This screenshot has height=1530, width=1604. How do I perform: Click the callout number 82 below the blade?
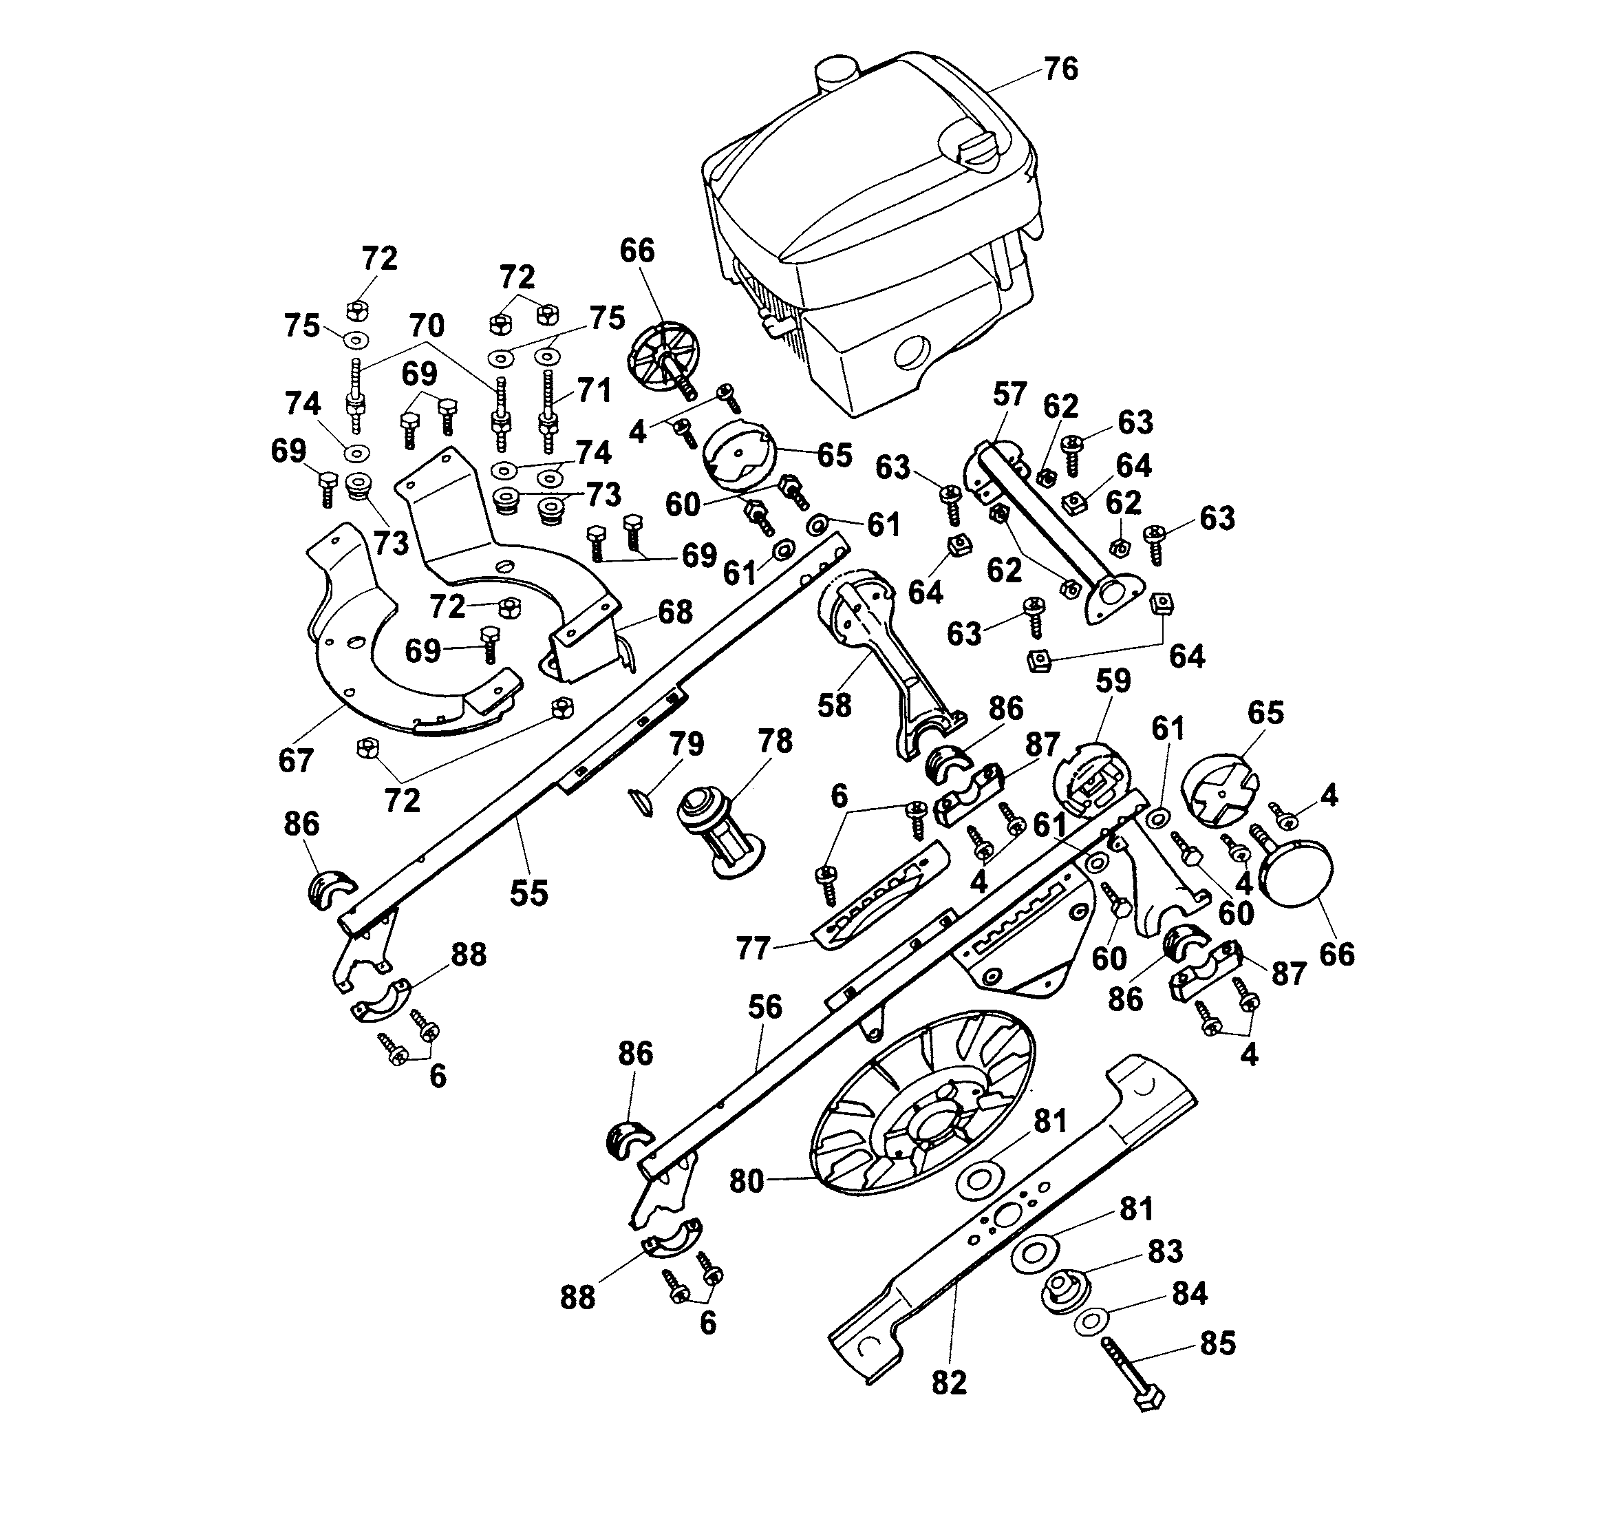pos(948,1383)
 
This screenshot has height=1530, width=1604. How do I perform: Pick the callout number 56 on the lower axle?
pos(765,1006)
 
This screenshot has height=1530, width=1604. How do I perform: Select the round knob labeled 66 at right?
pos(1297,873)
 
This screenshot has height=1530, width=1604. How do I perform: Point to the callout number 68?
pos(674,612)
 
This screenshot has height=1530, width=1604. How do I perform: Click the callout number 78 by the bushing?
pos(774,741)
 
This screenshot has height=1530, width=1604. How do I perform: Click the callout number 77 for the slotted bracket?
pos(752,948)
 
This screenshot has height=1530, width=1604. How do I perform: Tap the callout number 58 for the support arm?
pos(833,705)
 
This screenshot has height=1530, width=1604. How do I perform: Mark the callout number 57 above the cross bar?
pos(1009,395)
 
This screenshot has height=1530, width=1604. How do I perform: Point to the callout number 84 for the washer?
pos(1189,1293)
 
